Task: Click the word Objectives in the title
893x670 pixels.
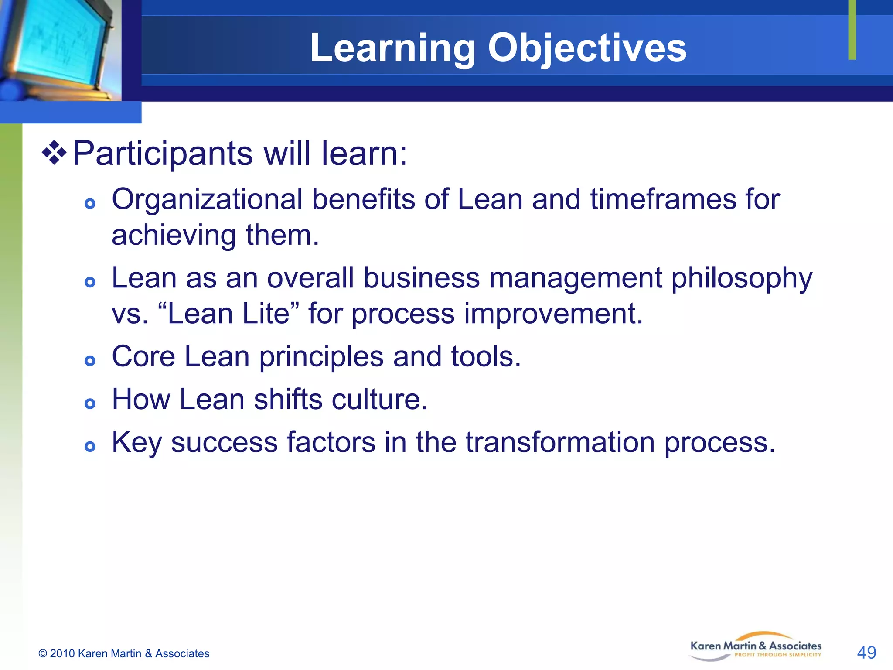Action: pyautogui.click(x=587, y=48)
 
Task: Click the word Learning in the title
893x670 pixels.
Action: pyautogui.click(x=392, y=48)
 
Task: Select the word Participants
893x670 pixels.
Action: pyautogui.click(x=162, y=154)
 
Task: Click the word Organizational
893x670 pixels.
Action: pyautogui.click(x=207, y=200)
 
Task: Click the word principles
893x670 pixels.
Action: pyautogui.click(x=321, y=357)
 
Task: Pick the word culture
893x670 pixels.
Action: pyautogui.click(x=379, y=400)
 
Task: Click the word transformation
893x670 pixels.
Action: pyautogui.click(x=560, y=442)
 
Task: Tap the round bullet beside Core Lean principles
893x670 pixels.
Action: pyautogui.click(x=90, y=360)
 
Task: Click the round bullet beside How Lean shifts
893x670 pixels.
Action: pyautogui.click(x=90, y=403)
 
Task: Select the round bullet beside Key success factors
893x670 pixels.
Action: pyautogui.click(x=90, y=446)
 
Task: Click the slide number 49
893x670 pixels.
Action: pyautogui.click(x=866, y=653)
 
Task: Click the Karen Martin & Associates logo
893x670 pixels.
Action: pyautogui.click(x=756, y=647)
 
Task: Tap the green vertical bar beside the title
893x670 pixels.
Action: pyautogui.click(x=852, y=30)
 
